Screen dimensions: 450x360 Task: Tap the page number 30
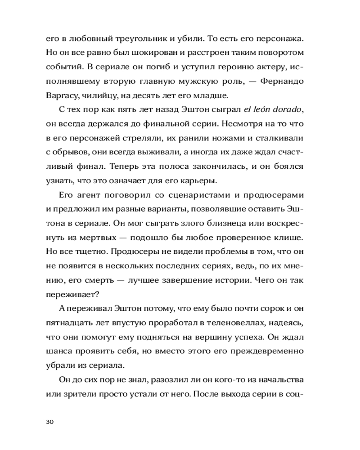click(x=50, y=422)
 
